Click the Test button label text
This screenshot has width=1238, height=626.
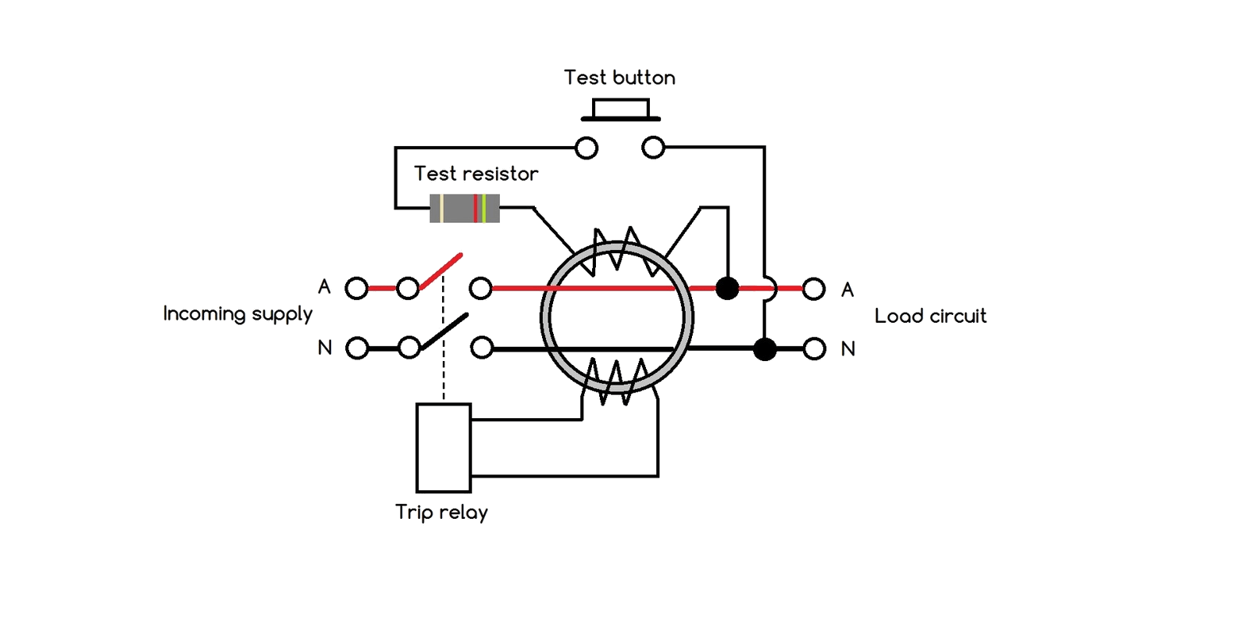click(619, 78)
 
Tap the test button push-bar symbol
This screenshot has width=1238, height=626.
click(621, 110)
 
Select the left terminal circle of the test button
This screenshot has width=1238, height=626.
click(586, 148)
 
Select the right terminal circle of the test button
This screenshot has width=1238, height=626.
click(653, 148)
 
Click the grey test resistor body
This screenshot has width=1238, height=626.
click(464, 208)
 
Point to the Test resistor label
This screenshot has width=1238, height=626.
click(475, 174)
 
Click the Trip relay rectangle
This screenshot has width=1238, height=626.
click(444, 447)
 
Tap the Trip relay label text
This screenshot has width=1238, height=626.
click(442, 513)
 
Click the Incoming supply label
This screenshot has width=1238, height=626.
click(237, 314)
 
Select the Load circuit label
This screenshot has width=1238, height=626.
click(930, 316)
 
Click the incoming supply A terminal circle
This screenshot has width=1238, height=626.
click(357, 288)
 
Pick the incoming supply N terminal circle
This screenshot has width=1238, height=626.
click(357, 348)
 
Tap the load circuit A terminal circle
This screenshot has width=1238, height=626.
click(813, 289)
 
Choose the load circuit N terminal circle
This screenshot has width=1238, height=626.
click(813, 348)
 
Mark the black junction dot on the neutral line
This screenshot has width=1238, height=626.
click(764, 349)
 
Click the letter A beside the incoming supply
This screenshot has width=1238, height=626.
click(324, 287)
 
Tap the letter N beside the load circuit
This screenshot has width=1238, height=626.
click(848, 348)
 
